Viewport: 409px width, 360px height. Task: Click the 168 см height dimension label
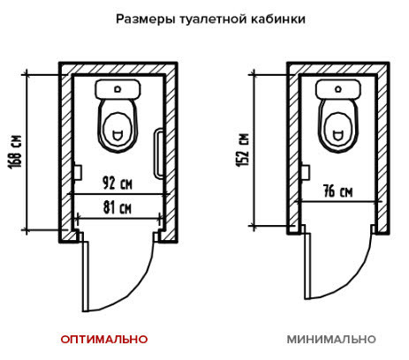click(x=15, y=152)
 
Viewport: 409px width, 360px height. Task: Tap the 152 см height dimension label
click(x=244, y=150)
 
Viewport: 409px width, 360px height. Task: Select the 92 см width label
click(x=117, y=183)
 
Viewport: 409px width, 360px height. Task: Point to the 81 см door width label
click(x=117, y=207)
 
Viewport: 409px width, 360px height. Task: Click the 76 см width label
click(x=337, y=191)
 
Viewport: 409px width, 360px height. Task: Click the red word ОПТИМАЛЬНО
click(x=104, y=339)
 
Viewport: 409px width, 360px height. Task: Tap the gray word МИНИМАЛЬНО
click(x=331, y=339)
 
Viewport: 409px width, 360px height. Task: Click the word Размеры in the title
click(x=145, y=19)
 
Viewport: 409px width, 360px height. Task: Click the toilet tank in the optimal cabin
click(x=117, y=89)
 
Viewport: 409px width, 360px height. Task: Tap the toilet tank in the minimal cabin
click(x=338, y=89)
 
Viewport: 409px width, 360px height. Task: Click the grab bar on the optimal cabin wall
click(x=159, y=154)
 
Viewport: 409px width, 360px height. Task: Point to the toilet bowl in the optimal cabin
click(x=117, y=126)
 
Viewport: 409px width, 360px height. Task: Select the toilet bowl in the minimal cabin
click(x=338, y=126)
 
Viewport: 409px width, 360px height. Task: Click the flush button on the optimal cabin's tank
click(x=117, y=88)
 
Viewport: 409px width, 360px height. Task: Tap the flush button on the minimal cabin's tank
click(x=338, y=88)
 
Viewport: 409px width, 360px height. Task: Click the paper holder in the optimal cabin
click(x=77, y=172)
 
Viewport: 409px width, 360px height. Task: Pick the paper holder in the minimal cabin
click(x=306, y=172)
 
